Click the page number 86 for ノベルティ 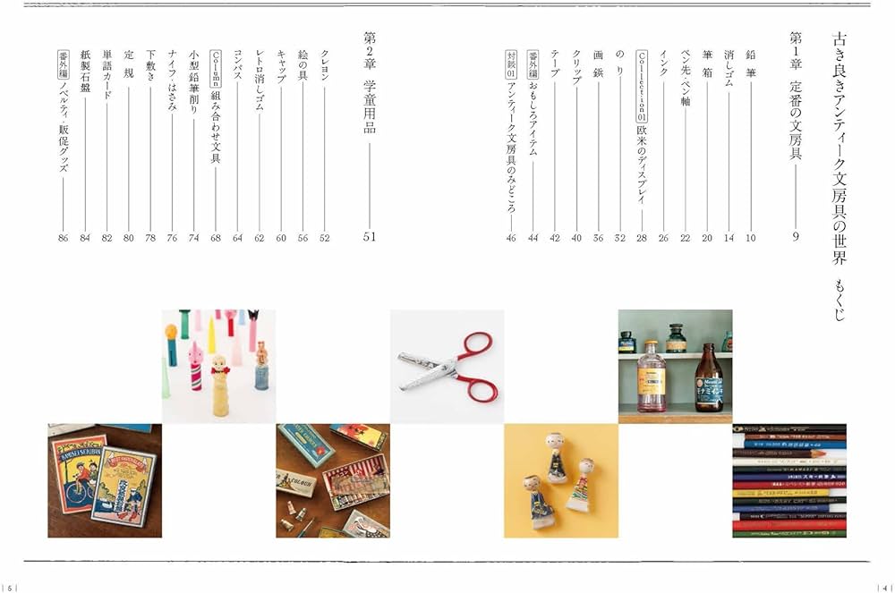[63, 238]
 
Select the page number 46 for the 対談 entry [510, 238]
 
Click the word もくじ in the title [839, 300]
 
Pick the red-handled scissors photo [447, 367]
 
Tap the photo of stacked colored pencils [788, 480]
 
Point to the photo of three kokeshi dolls [561, 480]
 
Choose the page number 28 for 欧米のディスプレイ [641, 238]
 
